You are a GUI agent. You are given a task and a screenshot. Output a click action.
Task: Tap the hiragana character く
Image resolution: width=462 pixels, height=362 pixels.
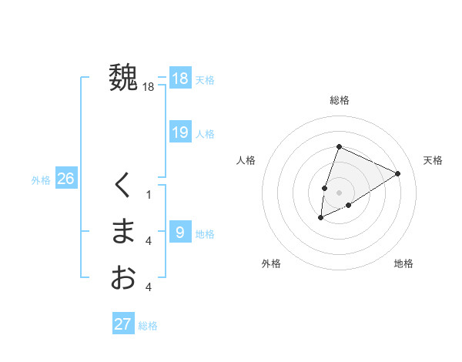pyautogui.click(x=123, y=185)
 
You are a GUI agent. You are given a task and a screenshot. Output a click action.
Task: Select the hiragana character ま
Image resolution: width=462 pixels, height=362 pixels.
pyautogui.click(x=123, y=231)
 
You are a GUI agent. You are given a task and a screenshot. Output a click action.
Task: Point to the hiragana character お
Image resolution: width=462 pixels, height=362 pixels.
pyautogui.click(x=123, y=277)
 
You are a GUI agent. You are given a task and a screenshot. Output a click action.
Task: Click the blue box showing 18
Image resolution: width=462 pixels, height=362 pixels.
pyautogui.click(x=180, y=79)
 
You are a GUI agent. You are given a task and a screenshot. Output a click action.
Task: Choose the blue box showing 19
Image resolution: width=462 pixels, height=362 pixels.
pyautogui.click(x=180, y=132)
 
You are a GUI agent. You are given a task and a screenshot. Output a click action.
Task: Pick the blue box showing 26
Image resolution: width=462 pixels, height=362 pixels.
pyautogui.click(x=65, y=179)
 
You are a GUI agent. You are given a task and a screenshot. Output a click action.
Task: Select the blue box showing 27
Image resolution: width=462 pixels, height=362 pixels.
pyautogui.click(x=123, y=324)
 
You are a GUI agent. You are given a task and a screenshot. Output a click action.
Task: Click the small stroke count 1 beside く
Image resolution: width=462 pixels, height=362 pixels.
pyautogui.click(x=149, y=195)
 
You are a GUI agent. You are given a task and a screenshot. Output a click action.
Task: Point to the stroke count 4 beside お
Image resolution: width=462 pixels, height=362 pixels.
pyautogui.click(x=149, y=287)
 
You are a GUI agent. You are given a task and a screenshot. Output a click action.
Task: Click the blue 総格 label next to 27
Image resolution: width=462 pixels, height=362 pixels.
pyautogui.click(x=148, y=326)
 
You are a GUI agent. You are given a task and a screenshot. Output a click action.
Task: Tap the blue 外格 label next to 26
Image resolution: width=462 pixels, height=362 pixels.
pyautogui.click(x=41, y=180)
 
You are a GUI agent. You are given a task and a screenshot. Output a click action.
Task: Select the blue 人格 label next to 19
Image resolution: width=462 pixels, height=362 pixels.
pyautogui.click(x=205, y=134)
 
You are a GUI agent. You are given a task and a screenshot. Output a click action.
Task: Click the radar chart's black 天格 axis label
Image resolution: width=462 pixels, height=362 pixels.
pyautogui.click(x=434, y=160)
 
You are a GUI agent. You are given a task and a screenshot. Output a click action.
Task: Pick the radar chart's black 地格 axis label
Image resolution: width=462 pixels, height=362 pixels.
pyautogui.click(x=403, y=264)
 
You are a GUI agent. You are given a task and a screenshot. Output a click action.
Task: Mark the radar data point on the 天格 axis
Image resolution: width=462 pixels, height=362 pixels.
pyautogui.click(x=398, y=173)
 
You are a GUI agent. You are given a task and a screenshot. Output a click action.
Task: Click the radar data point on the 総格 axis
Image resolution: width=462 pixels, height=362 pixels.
pyautogui.click(x=339, y=146)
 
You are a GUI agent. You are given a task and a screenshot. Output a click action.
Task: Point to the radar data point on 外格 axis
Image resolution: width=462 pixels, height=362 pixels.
pyautogui.click(x=321, y=218)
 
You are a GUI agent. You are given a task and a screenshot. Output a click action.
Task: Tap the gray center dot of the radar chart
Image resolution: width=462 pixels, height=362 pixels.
pyautogui.click(x=339, y=193)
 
